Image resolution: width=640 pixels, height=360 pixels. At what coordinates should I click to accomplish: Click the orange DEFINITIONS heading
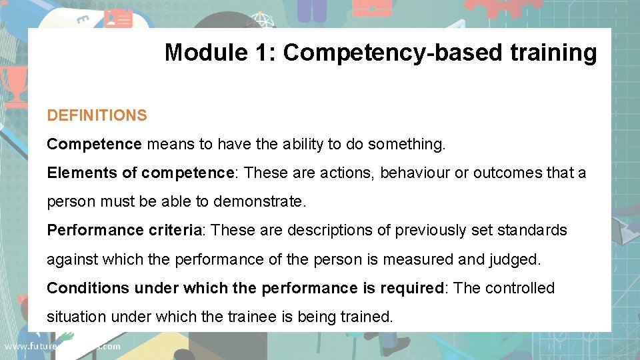point(97,115)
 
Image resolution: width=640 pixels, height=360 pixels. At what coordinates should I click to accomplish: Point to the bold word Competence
point(94,144)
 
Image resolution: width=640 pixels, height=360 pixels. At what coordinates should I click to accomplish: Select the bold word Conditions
point(88,288)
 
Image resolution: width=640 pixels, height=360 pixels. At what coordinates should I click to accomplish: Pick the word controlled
point(519,288)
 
